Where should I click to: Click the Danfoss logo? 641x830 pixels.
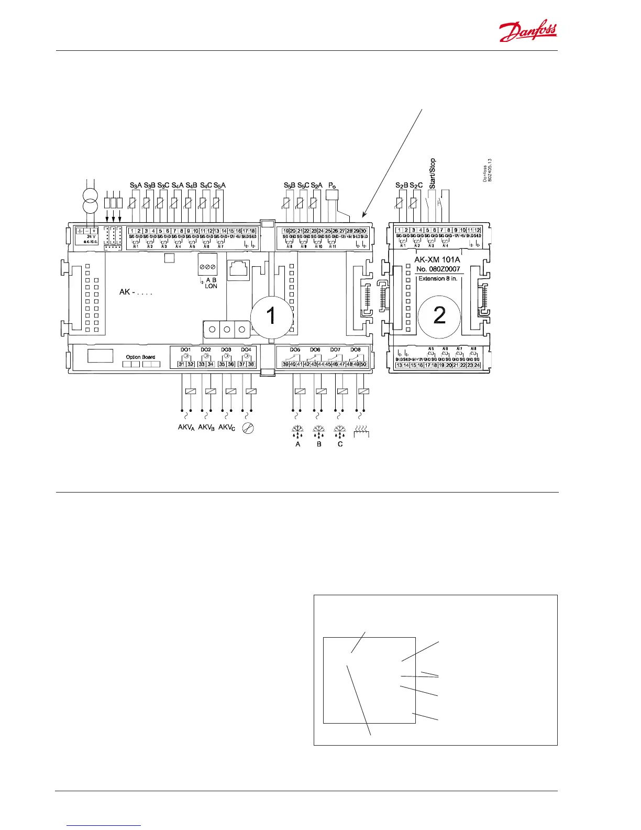point(528,32)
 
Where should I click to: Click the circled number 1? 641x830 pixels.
point(271,315)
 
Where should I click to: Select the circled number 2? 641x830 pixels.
point(439,315)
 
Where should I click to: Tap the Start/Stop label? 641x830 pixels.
point(432,173)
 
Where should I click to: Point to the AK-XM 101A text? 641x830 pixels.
point(437,259)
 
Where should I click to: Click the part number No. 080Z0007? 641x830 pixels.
point(438,269)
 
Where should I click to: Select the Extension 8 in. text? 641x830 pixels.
point(438,278)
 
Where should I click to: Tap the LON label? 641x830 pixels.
point(211,286)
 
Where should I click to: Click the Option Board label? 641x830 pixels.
point(140,357)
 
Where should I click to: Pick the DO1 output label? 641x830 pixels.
point(185,350)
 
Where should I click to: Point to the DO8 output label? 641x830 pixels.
point(356,350)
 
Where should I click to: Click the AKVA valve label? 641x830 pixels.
point(186,428)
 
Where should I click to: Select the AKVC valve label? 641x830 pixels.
point(227,428)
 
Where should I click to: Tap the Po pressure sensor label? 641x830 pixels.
point(332,185)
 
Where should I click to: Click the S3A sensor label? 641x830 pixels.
point(136,185)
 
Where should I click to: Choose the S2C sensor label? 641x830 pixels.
point(416,185)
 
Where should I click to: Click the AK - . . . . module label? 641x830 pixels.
point(136,292)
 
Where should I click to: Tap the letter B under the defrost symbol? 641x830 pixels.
point(319,444)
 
